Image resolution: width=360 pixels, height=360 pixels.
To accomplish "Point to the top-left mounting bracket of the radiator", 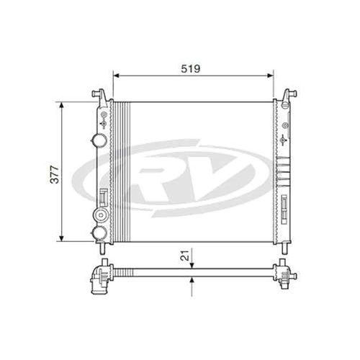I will point(101,94).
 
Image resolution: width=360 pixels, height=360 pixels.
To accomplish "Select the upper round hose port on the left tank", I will point(99,140).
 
